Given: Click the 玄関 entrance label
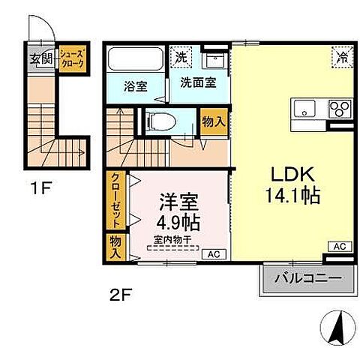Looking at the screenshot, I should coord(41,59).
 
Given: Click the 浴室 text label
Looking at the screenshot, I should coord(135,86).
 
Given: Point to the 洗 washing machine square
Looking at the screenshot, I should coord(182,55).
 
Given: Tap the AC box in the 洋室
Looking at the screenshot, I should coord(213,253).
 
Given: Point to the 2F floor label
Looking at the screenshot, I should coord(120,293).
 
